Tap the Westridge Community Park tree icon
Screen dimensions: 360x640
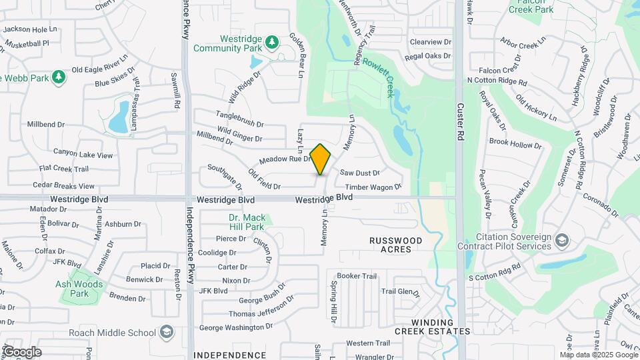pyautogui.click(x=272, y=43)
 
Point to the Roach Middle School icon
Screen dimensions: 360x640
pyautogui.click(x=166, y=333)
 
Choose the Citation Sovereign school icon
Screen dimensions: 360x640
pyautogui.click(x=562, y=239)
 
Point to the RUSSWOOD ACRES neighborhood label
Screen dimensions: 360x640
pyautogui.click(x=396, y=244)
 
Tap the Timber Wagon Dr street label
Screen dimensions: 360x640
pyautogui.click(x=373, y=187)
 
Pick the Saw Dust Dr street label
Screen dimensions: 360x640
pyautogui.click(x=359, y=173)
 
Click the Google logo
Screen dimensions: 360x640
pyautogui.click(x=22, y=351)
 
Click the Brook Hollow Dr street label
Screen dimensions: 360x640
pyautogui.click(x=515, y=143)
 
